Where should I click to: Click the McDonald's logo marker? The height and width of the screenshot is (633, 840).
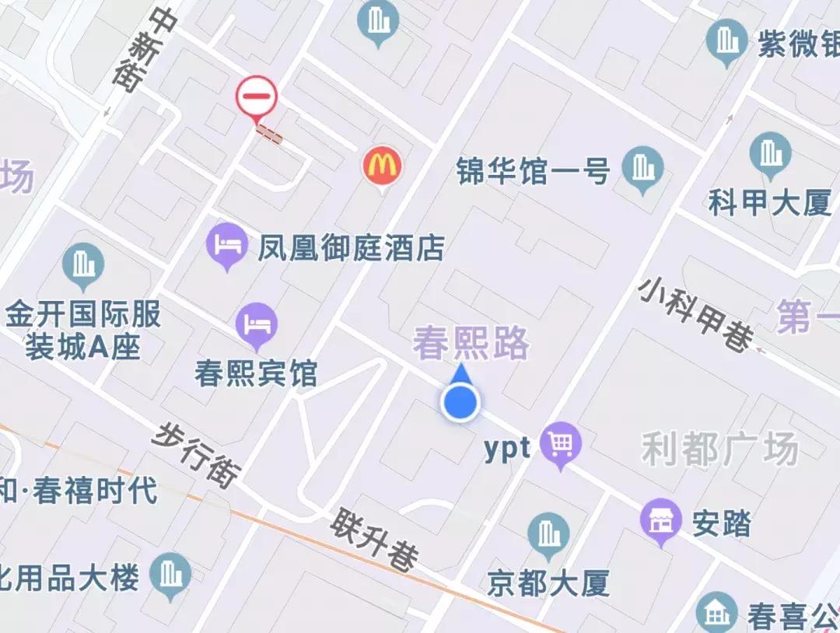[x=381, y=166]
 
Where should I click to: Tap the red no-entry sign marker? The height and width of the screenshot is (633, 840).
[x=256, y=97]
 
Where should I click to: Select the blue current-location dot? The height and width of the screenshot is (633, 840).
[x=460, y=403]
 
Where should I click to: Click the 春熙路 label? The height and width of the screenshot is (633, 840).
[x=471, y=343]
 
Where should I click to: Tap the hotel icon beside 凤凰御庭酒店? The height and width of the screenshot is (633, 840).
[x=227, y=244]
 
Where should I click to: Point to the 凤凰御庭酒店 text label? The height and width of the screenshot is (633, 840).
[x=352, y=248]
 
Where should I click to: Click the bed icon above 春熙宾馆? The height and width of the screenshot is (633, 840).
[x=257, y=323]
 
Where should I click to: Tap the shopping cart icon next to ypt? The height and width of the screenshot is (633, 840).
[x=562, y=443]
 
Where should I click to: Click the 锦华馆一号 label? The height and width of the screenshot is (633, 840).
[x=534, y=170]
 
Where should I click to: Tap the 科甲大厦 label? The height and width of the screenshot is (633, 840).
[x=770, y=204]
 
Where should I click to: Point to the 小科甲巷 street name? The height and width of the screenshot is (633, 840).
[x=696, y=314]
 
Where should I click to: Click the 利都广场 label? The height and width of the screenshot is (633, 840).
[x=719, y=449]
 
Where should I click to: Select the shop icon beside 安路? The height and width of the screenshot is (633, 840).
[x=660, y=520]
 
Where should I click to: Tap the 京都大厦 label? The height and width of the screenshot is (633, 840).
[x=548, y=582]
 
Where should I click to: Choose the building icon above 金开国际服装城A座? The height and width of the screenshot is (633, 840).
[x=83, y=264]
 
